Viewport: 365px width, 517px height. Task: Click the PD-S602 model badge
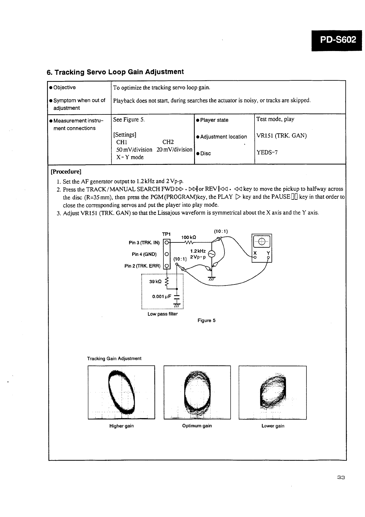[337, 40]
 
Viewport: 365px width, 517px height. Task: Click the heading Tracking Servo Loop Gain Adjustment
[115, 72]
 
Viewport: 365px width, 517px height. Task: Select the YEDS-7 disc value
[267, 152]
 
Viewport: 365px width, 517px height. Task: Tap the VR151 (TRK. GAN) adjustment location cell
[281, 136]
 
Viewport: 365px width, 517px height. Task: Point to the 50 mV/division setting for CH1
[134, 150]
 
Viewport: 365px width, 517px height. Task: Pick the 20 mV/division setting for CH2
[174, 150]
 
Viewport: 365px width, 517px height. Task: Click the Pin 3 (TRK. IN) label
[144, 243]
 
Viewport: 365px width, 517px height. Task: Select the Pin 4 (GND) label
[144, 254]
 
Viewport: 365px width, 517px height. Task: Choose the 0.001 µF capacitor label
[162, 297]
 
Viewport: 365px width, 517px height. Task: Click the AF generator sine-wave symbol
[212, 254]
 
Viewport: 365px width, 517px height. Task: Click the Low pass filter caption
[163, 314]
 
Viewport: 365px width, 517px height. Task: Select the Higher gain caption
[121, 426]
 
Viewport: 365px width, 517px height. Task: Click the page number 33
[341, 477]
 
